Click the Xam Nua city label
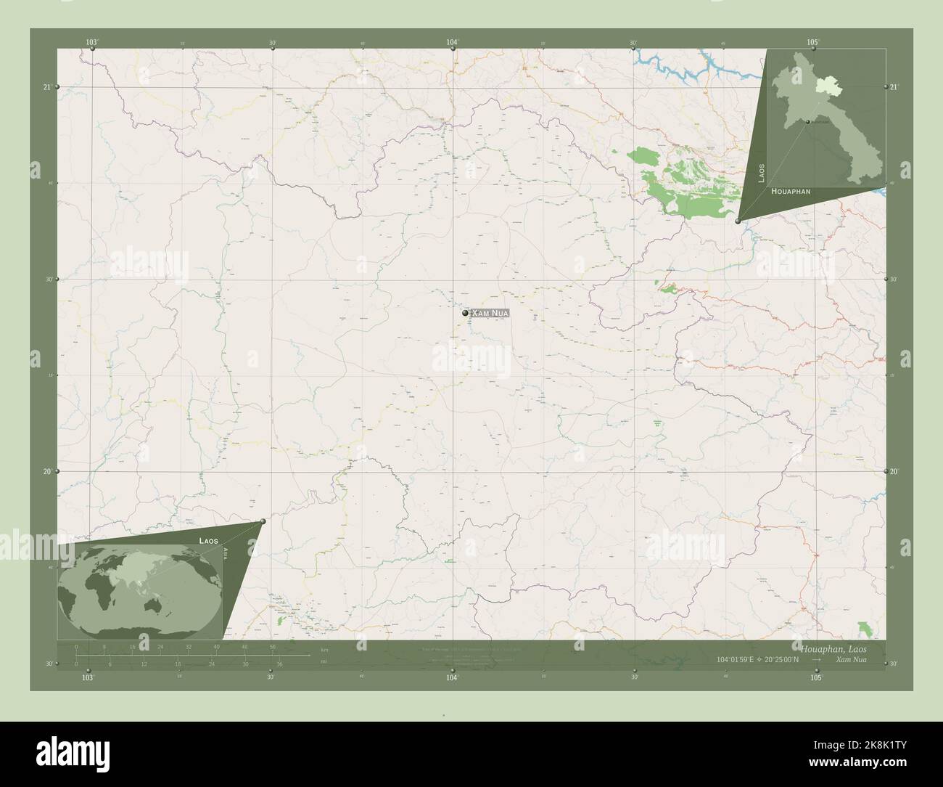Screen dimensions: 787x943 490,313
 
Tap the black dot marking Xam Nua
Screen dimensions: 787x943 465,313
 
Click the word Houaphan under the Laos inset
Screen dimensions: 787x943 791,191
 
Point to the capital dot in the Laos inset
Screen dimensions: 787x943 806,122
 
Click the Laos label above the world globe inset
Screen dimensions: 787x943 209,541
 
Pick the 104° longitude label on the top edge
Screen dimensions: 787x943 453,43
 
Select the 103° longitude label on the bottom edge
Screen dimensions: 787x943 88,677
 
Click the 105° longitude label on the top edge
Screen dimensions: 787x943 812,43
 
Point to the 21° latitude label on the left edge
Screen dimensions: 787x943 46,87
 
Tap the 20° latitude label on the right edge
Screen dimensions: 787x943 894,471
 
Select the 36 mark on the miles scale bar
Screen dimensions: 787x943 279,664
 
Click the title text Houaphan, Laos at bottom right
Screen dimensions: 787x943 833,647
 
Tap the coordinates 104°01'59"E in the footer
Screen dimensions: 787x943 736,659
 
